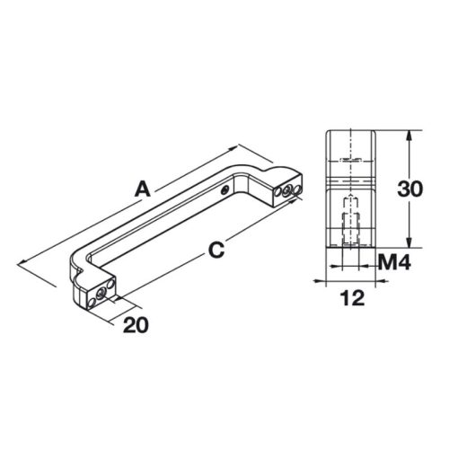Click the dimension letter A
tap(141, 189)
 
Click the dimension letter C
tap(215, 253)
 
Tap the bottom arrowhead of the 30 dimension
tap(410, 245)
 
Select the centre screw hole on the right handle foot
tap(288, 190)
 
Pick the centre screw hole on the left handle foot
tap(98, 293)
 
